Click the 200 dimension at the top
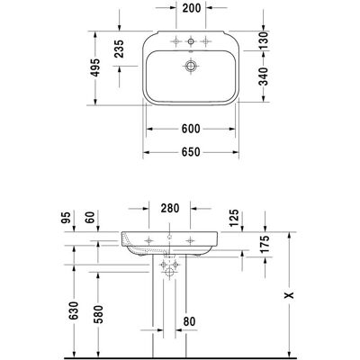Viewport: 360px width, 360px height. coord(192,8)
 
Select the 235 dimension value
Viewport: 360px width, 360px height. coord(119,49)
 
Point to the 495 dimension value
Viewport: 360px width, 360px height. coord(95,67)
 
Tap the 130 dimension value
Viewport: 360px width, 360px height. coord(263,40)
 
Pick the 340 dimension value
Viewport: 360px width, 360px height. coord(263,76)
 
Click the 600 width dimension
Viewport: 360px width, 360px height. coord(191,129)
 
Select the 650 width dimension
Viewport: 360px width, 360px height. coord(191,152)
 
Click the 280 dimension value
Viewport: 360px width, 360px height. coord(170,208)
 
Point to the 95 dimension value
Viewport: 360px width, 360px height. coord(67,217)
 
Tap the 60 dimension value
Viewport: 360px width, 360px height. coord(90,217)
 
